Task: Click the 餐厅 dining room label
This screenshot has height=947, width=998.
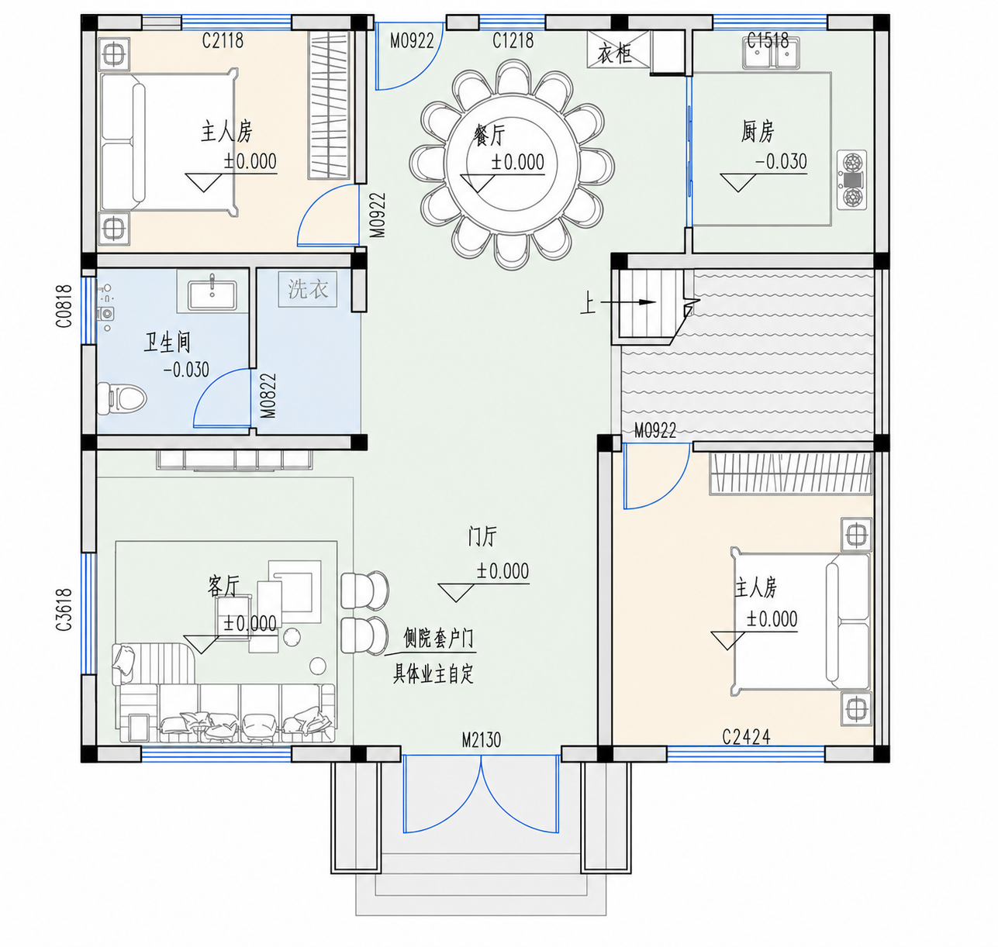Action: tap(489, 136)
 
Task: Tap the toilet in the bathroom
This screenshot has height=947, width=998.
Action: tap(121, 397)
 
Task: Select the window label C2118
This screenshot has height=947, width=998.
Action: tap(223, 40)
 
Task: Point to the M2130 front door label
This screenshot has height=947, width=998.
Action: tap(482, 740)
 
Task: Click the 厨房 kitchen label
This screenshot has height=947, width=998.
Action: tap(758, 132)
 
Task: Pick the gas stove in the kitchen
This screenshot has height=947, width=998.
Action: tap(851, 180)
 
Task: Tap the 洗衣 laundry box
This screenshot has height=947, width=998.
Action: tap(308, 289)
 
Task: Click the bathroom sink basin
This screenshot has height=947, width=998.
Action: tap(212, 295)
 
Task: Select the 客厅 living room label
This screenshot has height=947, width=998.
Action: tap(223, 587)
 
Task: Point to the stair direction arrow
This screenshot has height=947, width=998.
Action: tap(628, 302)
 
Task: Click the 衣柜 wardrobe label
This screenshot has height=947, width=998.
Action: tap(615, 53)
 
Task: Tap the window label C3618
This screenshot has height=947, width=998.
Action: tap(64, 610)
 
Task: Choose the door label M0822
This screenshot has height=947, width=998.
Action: tap(268, 396)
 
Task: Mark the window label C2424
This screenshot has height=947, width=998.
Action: tap(746, 737)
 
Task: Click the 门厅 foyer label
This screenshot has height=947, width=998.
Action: tap(482, 536)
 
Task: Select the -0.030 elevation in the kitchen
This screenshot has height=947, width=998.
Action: tap(781, 162)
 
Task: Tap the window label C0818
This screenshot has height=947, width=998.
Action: tap(64, 306)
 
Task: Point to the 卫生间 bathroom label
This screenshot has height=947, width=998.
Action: tap(167, 343)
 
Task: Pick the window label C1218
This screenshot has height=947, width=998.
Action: tap(513, 40)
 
